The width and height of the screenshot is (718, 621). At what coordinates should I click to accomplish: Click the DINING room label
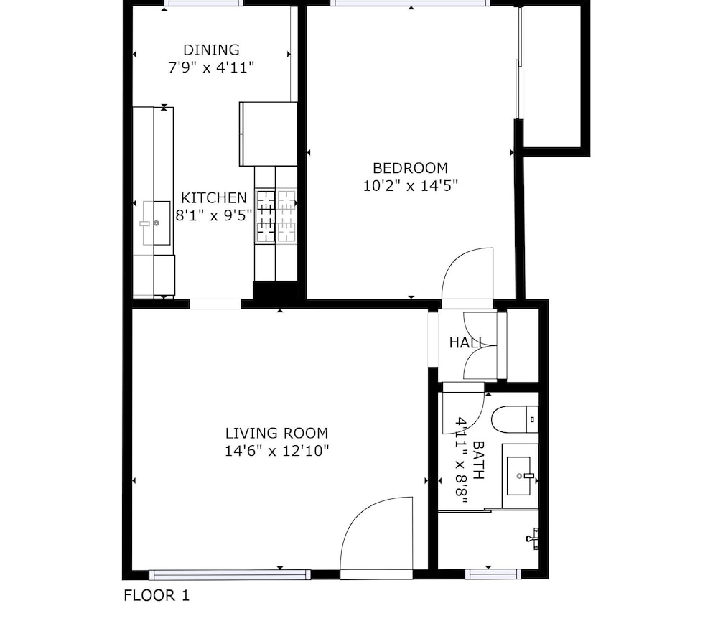(x=211, y=50)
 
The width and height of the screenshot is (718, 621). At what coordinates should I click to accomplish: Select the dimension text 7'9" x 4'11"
(x=211, y=67)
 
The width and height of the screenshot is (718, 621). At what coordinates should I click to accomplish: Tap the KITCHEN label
(x=214, y=198)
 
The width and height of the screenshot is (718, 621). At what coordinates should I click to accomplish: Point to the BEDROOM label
(x=410, y=168)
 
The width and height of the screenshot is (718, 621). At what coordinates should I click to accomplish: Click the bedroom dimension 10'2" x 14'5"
(x=410, y=186)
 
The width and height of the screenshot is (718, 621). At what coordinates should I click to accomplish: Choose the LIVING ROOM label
(x=276, y=433)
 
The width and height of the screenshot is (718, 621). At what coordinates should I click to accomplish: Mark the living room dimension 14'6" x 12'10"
(x=276, y=451)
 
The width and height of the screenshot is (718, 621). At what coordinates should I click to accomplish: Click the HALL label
(x=466, y=342)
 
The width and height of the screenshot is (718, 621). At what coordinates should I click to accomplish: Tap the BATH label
(x=478, y=459)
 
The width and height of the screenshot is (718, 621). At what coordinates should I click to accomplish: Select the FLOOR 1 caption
(x=156, y=595)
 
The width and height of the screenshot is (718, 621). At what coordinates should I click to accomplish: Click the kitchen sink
(x=156, y=223)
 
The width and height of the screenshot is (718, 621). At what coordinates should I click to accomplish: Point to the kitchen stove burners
(x=276, y=215)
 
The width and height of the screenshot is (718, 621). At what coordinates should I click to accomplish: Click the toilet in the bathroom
(x=515, y=419)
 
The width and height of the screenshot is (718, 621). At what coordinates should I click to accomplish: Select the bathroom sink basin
(x=519, y=476)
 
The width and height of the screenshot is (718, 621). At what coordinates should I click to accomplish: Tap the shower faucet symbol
(x=533, y=538)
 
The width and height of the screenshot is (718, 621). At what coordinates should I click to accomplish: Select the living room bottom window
(x=230, y=574)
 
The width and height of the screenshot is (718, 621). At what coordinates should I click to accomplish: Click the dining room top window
(x=204, y=3)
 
